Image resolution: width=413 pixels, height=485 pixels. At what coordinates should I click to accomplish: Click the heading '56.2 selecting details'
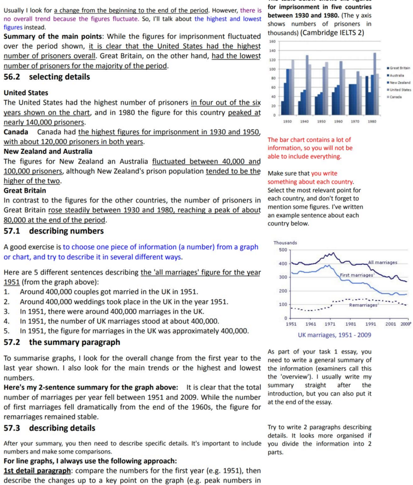point(46,77)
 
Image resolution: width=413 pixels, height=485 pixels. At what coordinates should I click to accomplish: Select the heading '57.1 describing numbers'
point(54,231)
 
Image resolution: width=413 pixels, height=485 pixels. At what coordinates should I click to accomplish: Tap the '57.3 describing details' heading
point(50,428)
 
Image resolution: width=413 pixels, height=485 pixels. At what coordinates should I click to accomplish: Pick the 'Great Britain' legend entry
point(399,68)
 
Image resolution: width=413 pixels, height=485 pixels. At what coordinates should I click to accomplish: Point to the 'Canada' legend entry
point(395,97)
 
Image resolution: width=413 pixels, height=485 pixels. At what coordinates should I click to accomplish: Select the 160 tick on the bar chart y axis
point(272,42)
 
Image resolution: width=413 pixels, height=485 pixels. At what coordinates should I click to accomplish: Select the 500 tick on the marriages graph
point(281,250)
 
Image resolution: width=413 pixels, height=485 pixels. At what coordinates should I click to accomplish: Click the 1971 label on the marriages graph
point(329,324)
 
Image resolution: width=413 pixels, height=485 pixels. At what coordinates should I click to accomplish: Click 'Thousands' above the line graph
point(285,242)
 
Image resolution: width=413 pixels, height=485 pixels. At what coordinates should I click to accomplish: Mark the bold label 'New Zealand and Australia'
point(47,152)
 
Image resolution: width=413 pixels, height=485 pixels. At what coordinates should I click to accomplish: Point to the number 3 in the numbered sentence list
point(6,311)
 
